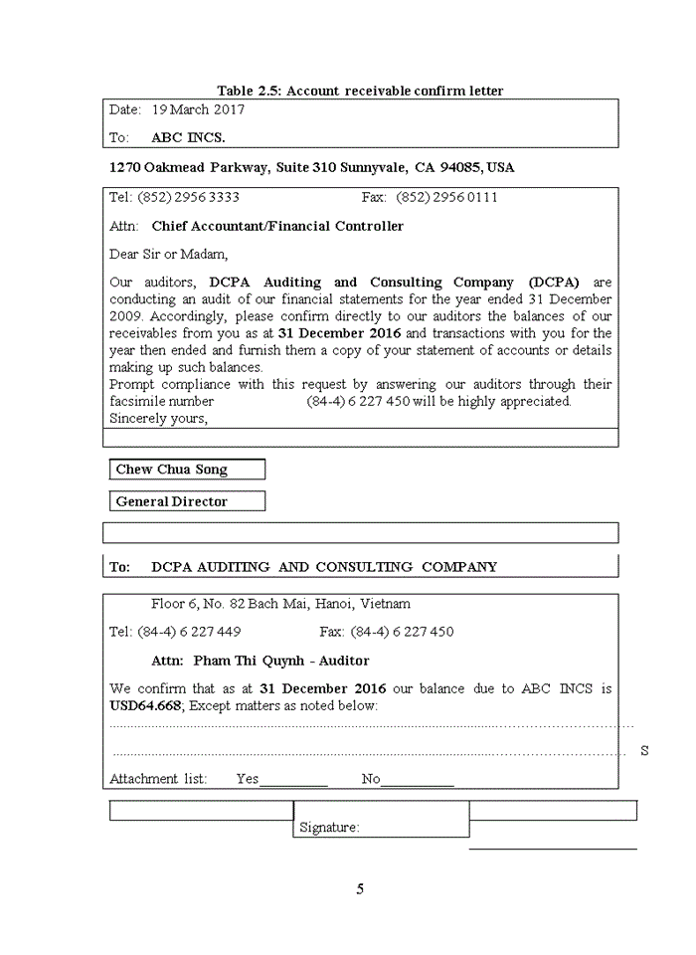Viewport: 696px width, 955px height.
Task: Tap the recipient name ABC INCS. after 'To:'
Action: click(x=188, y=137)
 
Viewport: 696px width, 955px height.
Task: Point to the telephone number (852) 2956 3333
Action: click(x=188, y=197)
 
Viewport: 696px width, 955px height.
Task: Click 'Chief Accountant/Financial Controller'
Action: click(x=277, y=226)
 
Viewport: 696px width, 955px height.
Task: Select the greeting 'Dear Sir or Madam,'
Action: click(x=168, y=254)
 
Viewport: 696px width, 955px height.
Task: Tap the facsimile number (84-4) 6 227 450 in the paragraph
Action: click(x=370, y=401)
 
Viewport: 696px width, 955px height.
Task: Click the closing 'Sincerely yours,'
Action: click(x=158, y=418)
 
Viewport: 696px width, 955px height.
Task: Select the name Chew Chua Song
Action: click(x=172, y=470)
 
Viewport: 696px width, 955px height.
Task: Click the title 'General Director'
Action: click(x=172, y=501)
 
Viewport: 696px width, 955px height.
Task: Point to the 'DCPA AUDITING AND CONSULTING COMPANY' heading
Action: click(x=324, y=567)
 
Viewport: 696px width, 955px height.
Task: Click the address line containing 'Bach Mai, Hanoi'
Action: click(x=280, y=604)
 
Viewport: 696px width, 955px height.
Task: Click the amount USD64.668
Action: click(x=145, y=705)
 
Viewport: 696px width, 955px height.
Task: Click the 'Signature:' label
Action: click(x=329, y=828)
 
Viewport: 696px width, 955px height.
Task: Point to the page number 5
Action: click(x=360, y=889)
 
